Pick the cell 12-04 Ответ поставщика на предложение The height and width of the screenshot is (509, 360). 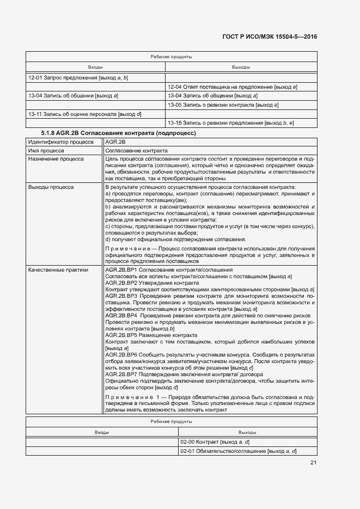(232, 87)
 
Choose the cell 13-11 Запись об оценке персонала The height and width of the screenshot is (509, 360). (84, 114)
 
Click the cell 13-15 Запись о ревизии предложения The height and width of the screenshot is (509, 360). (231, 123)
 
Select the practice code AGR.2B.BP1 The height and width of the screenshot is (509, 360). (120, 269)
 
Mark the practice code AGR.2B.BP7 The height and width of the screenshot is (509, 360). (120, 375)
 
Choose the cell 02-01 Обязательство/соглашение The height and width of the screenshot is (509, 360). (238, 451)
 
